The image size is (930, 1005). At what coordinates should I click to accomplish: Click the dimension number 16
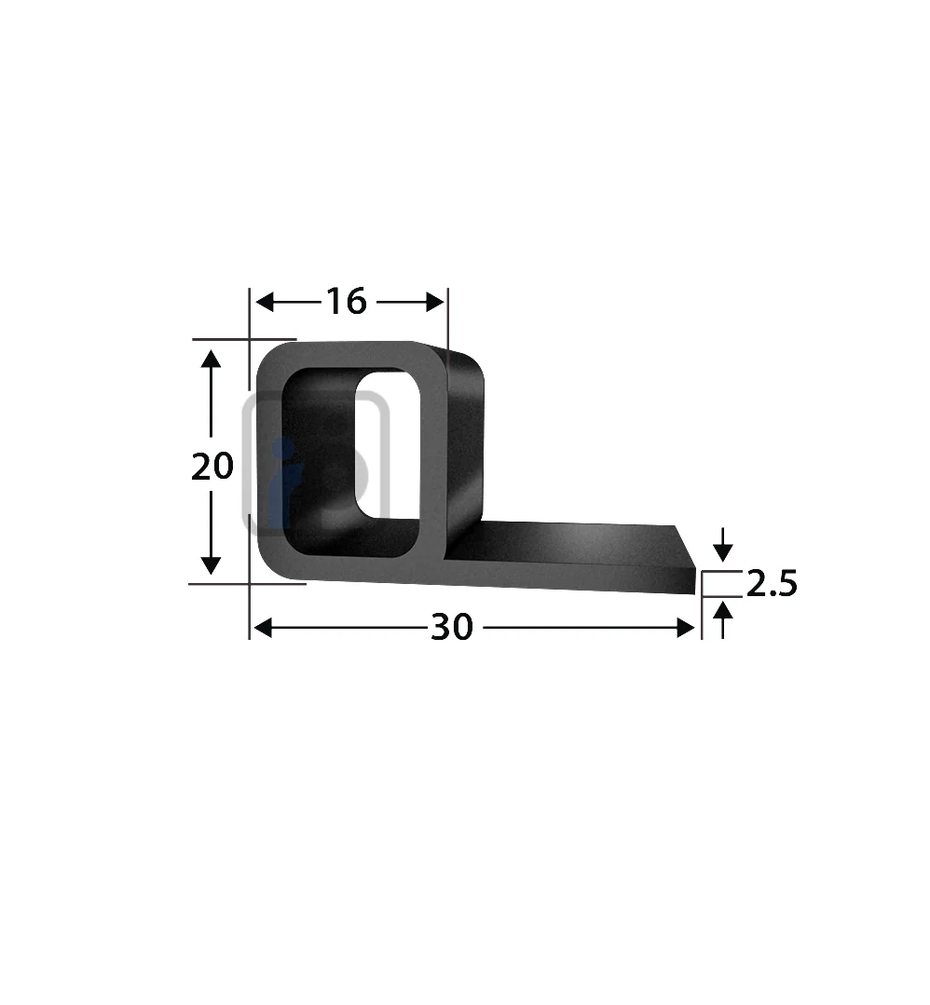click(x=347, y=301)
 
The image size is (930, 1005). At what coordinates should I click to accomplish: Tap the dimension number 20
click(x=212, y=466)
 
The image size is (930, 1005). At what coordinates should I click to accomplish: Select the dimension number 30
click(x=452, y=628)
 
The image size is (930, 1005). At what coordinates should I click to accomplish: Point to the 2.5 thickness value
click(x=772, y=584)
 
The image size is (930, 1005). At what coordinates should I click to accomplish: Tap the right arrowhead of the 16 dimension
click(x=435, y=301)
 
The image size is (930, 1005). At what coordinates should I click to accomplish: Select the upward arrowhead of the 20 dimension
click(x=211, y=358)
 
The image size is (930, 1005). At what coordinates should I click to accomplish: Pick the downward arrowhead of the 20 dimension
click(x=211, y=565)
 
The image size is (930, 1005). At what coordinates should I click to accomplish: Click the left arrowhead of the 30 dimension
click(x=263, y=628)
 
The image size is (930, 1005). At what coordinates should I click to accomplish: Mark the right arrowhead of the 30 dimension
click(x=686, y=628)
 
